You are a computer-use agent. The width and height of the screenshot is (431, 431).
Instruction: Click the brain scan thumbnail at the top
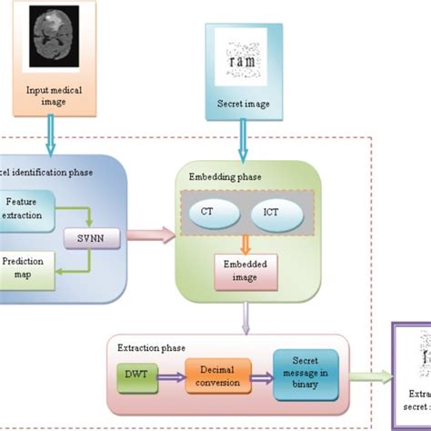coord(53,37)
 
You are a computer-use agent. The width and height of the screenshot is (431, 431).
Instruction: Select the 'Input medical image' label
coord(53,95)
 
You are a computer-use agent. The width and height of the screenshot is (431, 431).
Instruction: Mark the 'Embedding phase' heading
coord(217,175)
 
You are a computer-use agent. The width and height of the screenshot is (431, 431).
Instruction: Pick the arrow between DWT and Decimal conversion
coord(168,375)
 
